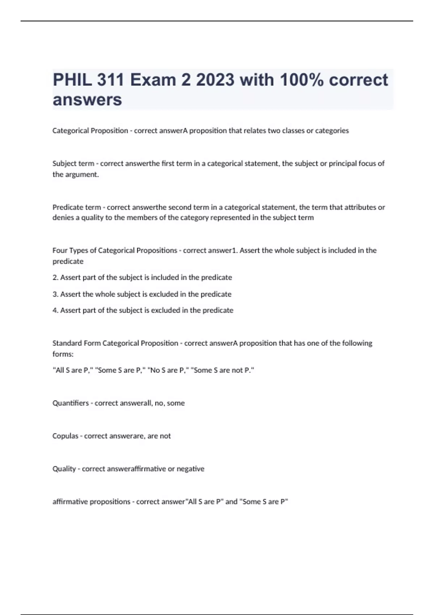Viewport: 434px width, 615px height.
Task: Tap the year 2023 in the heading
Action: pos(215,80)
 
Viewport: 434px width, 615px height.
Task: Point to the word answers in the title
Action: pos(87,99)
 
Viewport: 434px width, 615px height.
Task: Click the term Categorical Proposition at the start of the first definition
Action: pos(90,131)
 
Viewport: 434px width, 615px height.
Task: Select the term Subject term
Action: pos(73,164)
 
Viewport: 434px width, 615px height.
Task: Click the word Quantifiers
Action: pos(71,403)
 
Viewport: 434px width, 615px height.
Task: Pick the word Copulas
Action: pos(65,436)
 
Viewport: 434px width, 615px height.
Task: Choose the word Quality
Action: pos(64,469)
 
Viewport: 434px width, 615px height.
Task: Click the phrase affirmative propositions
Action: pos(91,502)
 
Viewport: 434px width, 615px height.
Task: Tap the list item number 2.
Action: pos(55,277)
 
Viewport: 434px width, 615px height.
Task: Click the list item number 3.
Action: pos(55,294)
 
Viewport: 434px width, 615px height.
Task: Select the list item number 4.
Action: pos(55,310)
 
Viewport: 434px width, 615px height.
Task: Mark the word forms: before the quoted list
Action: pos(63,354)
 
